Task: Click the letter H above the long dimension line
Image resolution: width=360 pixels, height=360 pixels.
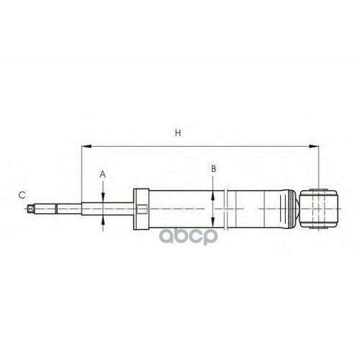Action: tap(177, 133)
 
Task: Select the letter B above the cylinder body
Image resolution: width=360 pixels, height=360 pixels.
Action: tap(213, 168)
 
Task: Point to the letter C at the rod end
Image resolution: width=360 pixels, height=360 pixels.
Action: tap(22, 194)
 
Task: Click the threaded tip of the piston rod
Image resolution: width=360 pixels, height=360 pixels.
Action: tap(31, 210)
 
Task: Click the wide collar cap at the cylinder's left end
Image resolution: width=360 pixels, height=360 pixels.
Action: tap(140, 210)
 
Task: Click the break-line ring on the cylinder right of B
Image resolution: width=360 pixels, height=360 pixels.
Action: tap(228, 210)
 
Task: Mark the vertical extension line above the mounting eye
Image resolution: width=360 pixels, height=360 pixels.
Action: tap(318, 166)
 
